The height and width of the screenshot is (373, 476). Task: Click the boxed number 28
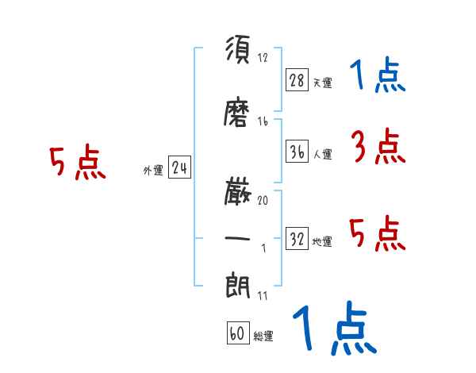[x=297, y=80]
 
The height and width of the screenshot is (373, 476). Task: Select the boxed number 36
[x=297, y=152]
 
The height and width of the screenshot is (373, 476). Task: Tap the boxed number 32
[x=297, y=239]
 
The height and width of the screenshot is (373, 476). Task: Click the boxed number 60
[x=237, y=333]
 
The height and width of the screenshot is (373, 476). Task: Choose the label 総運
[x=263, y=336]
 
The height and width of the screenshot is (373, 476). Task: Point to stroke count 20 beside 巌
[x=263, y=201]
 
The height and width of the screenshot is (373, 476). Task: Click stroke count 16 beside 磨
[x=263, y=121]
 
